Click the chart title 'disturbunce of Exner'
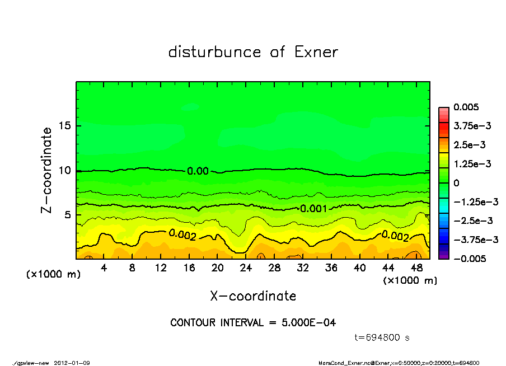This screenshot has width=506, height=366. pos(253,53)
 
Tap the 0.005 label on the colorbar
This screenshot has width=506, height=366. pos(463,107)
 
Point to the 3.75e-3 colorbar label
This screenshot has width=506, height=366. pos(470,126)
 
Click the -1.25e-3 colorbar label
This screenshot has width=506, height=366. pos(473,201)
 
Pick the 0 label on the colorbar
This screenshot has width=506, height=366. pos(456,183)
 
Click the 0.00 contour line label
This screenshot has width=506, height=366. pos(198,171)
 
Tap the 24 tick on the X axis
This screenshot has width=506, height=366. pos(246,268)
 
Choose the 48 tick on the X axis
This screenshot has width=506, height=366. pos(416,268)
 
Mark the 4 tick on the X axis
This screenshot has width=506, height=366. pos(104,268)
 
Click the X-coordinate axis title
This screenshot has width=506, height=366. pos(253,295)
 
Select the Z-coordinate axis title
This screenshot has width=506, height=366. pos(47,170)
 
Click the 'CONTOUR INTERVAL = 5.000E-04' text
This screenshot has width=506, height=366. pos(253,323)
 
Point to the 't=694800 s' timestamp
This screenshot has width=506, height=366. pos(382,337)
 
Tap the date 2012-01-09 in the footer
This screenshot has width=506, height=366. pos(72,363)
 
